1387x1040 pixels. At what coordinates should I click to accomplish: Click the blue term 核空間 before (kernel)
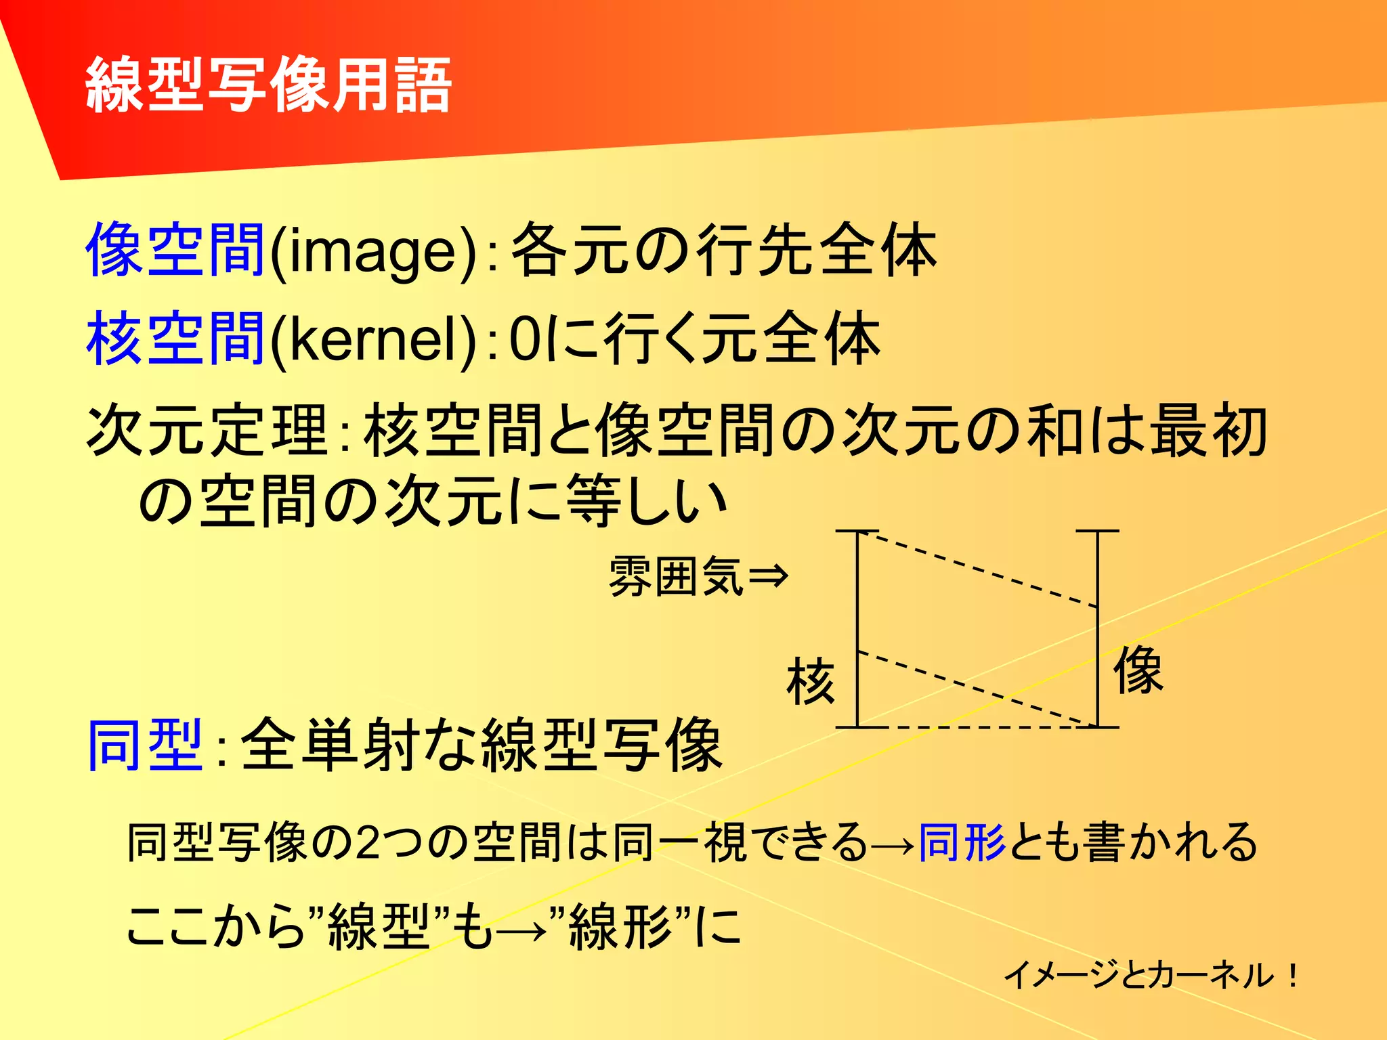coord(175,338)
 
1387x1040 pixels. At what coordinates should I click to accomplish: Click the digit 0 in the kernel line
coord(524,339)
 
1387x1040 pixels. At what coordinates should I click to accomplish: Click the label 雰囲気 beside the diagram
coord(676,576)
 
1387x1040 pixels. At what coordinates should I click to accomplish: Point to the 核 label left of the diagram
coord(811,681)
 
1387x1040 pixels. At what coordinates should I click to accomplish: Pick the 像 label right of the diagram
coord(1138,670)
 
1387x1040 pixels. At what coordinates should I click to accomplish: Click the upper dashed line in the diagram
coord(979,569)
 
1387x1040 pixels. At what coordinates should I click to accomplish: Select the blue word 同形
coord(962,843)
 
